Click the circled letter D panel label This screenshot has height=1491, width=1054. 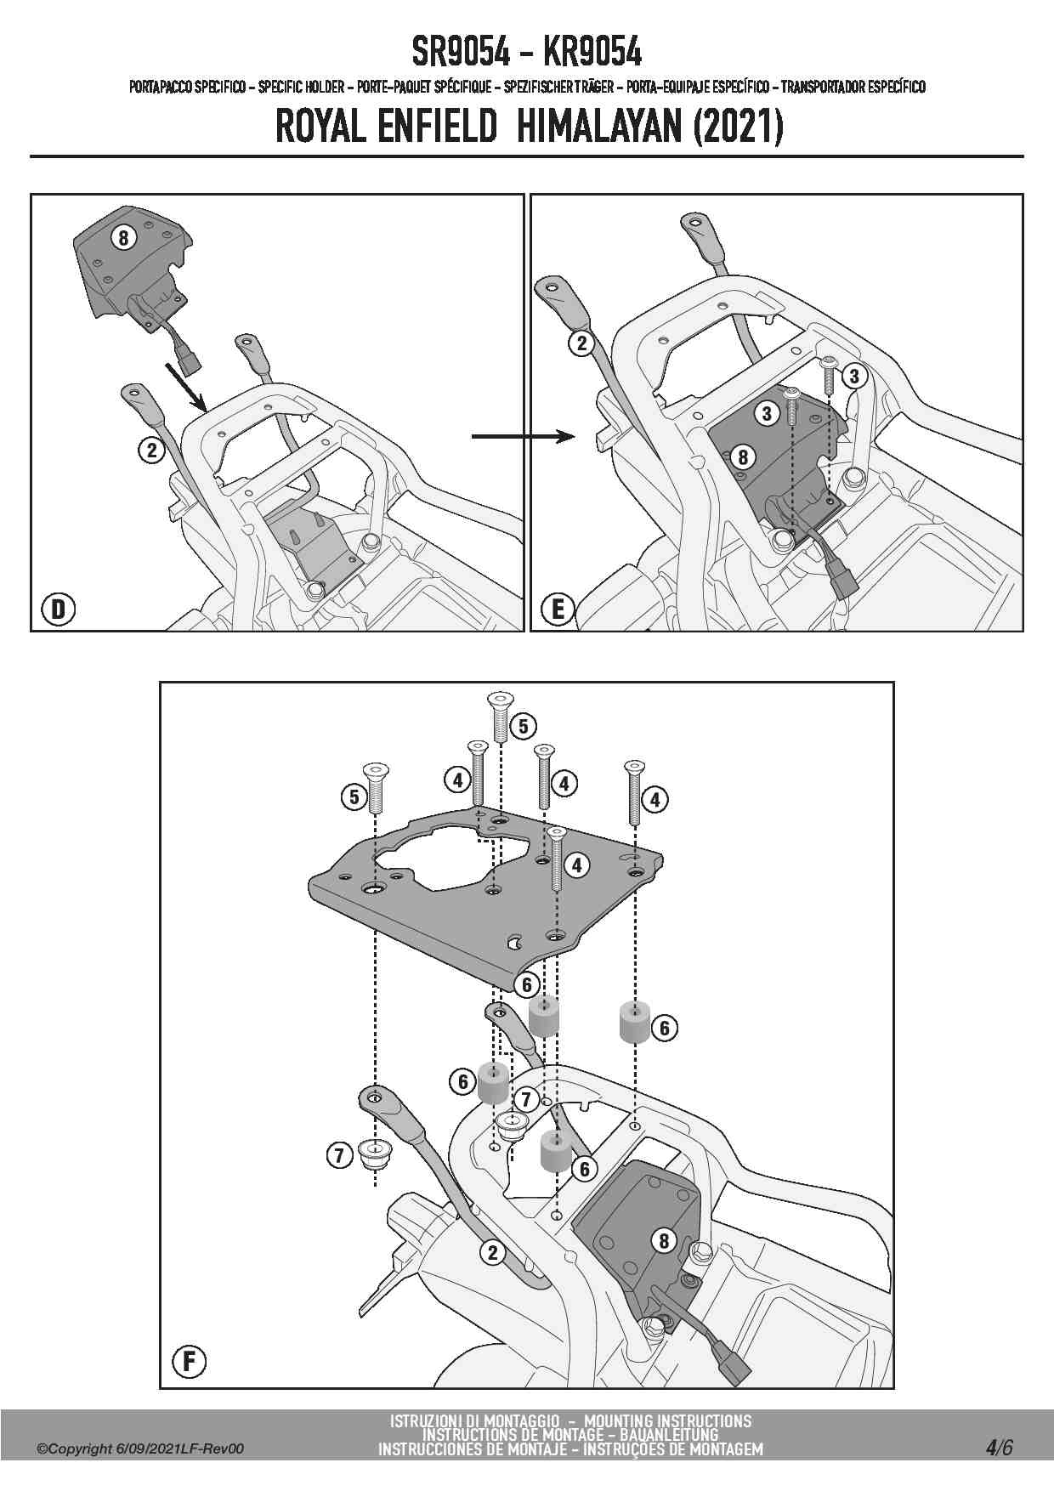58,609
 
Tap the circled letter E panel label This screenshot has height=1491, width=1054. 558,609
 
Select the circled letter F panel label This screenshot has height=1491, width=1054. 189,1363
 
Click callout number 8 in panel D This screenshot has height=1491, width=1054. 123,238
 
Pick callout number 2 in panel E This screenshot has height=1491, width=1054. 581,343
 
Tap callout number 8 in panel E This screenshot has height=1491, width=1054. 742,457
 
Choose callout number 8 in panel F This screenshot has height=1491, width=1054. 665,1240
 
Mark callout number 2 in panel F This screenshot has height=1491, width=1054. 492,1251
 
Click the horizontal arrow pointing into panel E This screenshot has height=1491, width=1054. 524,436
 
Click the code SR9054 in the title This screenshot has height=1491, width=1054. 461,53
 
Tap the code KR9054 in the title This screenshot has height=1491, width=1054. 592,53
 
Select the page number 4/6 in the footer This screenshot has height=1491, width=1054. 1000,1447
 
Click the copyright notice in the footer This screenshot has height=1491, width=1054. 140,1448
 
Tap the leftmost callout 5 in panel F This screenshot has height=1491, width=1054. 354,797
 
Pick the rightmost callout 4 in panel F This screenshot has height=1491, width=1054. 654,798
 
